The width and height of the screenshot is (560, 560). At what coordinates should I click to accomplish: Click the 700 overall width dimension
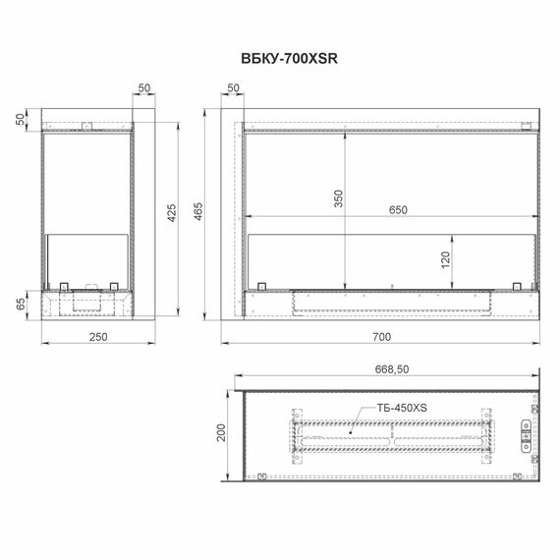pos(381,336)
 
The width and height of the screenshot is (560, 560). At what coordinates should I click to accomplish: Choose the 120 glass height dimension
pos(445,260)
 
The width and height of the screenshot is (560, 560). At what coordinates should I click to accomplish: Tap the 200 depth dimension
pos(221,432)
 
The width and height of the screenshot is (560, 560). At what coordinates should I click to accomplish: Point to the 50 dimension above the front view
pos(233,88)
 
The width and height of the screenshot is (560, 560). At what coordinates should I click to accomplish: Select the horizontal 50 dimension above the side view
pos(144,88)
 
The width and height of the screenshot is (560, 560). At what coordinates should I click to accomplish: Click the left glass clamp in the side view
pos(63,286)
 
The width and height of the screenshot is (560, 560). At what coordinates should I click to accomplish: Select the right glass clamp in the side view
pos(114,286)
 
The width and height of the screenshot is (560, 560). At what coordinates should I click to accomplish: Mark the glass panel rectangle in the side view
pos(88,257)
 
